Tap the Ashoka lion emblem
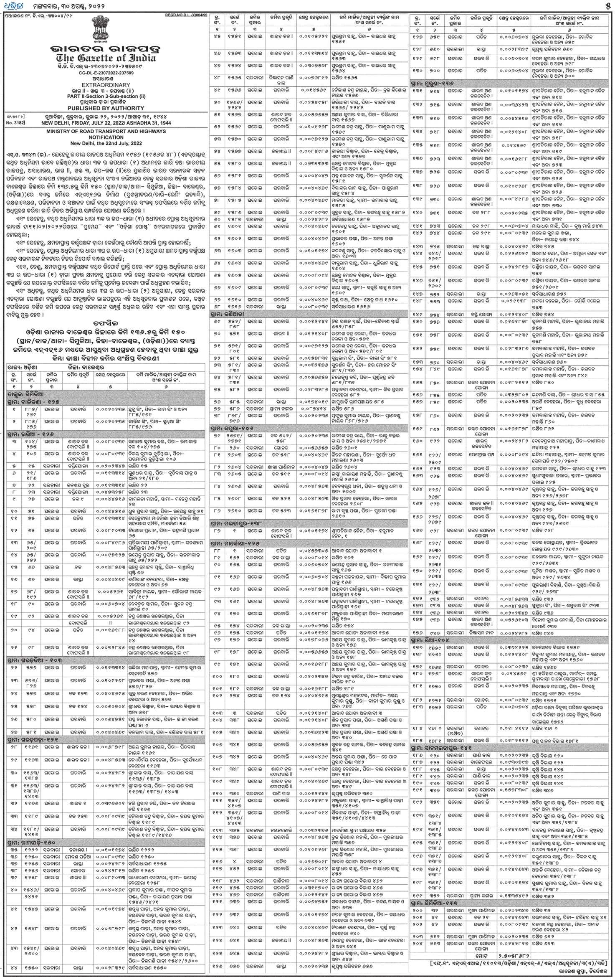[107, 29]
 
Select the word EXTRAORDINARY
[106, 84]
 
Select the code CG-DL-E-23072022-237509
[106, 73]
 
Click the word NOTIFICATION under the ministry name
[106, 137]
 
